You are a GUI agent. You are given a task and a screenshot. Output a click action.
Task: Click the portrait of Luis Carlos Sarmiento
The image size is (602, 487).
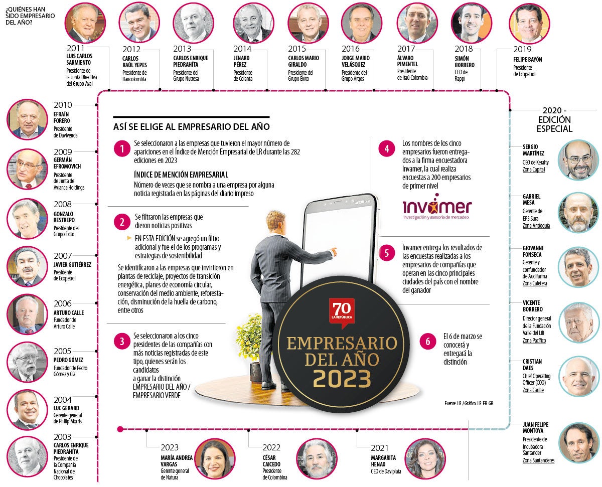coord(82,23)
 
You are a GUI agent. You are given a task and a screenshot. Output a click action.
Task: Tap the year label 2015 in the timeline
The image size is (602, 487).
coord(297,49)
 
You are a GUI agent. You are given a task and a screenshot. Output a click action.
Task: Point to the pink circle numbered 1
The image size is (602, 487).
coord(121,149)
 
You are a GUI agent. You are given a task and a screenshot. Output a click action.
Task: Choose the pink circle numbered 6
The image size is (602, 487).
coord(428,342)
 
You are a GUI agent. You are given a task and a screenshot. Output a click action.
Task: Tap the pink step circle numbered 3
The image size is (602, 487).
coord(121,342)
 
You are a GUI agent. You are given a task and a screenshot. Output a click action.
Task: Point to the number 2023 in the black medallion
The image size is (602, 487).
coord(342,380)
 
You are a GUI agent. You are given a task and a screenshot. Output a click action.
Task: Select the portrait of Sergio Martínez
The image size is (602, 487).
coord(578,159)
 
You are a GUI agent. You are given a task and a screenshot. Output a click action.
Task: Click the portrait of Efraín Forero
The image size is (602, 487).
coord(27,119)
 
